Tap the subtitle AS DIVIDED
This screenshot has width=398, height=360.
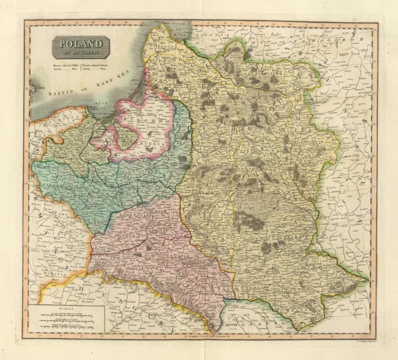tap(80, 52)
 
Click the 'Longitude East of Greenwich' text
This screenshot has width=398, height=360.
tap(207, 336)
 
